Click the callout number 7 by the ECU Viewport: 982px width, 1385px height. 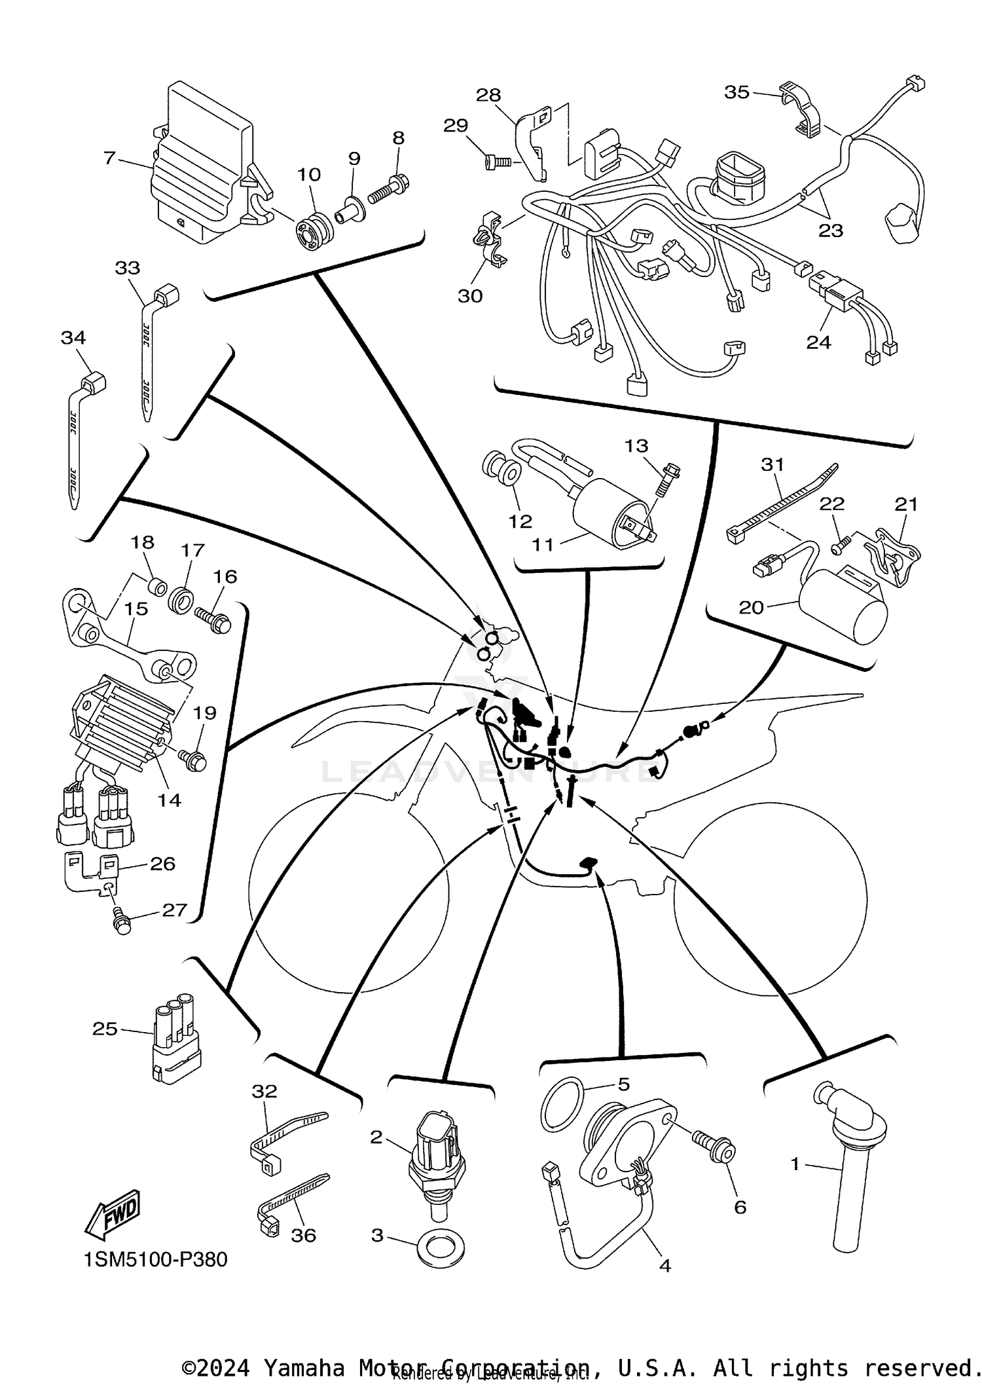(109, 158)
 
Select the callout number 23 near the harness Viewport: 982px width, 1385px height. (831, 231)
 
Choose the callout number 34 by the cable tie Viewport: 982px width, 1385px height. (73, 338)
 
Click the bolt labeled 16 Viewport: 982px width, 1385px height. (213, 619)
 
